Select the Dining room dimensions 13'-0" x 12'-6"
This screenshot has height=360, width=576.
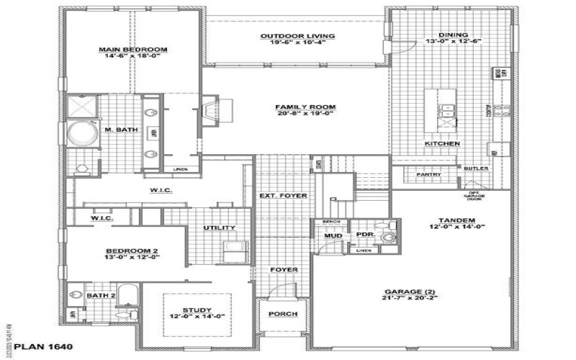pyautogui.click(x=454, y=42)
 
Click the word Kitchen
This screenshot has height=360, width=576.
pyautogui.click(x=442, y=144)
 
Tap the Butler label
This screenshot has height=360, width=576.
pyautogui.click(x=476, y=168)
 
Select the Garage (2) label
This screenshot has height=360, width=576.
pyautogui.click(x=409, y=292)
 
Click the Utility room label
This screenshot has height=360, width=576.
pyautogui.click(x=220, y=228)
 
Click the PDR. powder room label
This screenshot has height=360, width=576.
pyautogui.click(x=364, y=235)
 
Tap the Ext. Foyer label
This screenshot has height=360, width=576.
pyautogui.click(x=283, y=196)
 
